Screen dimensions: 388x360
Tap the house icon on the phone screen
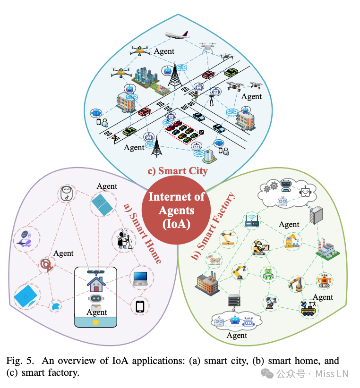click(x=96, y=283)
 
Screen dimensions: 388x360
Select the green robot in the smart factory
click(x=268, y=273)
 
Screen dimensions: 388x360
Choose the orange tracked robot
click(x=324, y=280)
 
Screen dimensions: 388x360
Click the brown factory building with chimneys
click(x=206, y=284)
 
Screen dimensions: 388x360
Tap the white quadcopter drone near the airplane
click(x=208, y=48)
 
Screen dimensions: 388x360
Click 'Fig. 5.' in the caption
click(x=18, y=361)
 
